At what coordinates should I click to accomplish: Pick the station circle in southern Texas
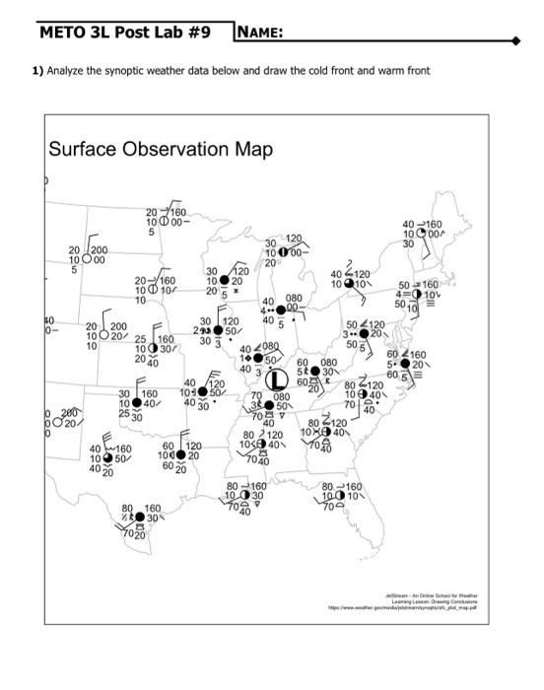point(139,517)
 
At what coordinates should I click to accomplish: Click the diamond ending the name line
point(513,42)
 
